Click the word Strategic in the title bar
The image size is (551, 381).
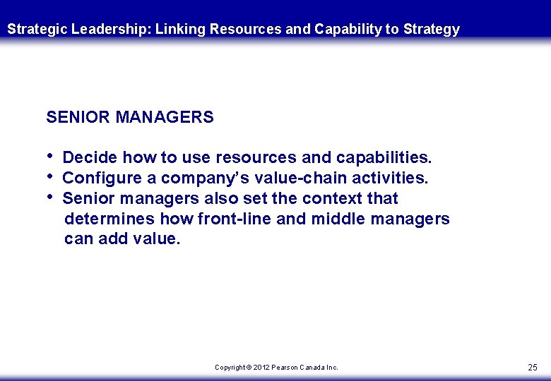pos(37,30)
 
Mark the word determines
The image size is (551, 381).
pos(109,219)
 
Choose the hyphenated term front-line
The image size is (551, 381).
pos(237,219)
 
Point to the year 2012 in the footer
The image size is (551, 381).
pos(262,368)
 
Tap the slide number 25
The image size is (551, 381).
pos(533,368)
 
